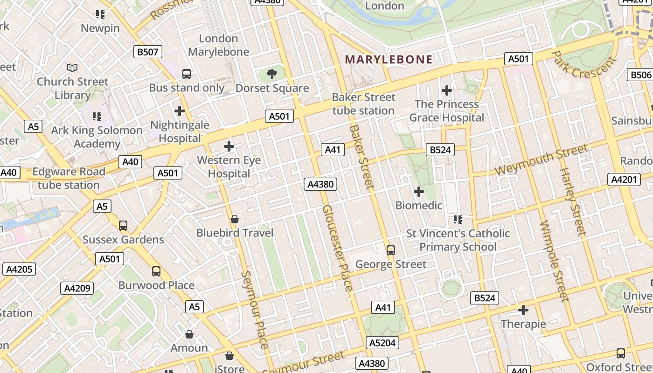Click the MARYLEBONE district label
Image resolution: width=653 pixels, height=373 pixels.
click(389, 59)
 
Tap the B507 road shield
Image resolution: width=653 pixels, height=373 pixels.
click(147, 52)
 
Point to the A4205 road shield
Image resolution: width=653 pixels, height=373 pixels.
click(19, 269)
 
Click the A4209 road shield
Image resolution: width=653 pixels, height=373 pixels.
click(76, 288)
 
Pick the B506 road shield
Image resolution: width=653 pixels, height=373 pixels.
click(640, 75)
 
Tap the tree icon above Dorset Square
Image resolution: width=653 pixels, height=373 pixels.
click(272, 74)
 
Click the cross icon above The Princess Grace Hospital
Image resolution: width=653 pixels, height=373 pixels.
click(447, 90)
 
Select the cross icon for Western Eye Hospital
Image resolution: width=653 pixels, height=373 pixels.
click(229, 146)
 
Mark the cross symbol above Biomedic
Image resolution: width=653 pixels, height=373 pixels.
click(419, 191)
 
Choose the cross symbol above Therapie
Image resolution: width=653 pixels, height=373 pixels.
click(523, 310)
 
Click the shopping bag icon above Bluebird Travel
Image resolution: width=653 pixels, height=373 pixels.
click(235, 219)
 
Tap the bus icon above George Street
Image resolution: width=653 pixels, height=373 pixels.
click(391, 250)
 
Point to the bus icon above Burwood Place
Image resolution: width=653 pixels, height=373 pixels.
click(156, 271)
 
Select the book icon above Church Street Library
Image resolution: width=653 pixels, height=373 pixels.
click(72, 68)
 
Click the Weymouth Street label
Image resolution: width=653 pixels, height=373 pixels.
click(541, 159)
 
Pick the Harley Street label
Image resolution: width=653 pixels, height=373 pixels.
click(572, 201)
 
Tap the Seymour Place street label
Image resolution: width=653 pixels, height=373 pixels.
click(255, 310)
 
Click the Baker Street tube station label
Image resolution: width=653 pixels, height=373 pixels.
click(363, 104)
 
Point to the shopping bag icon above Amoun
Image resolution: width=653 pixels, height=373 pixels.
click(189, 334)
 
